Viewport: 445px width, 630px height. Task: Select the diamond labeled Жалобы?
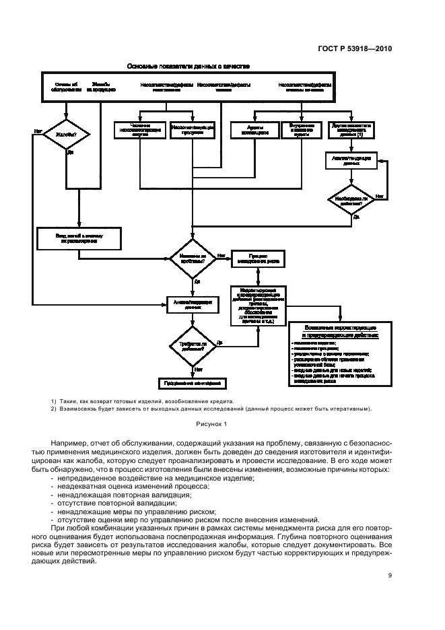66,135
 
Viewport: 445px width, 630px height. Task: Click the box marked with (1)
351,130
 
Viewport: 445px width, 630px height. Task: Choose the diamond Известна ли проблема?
193,258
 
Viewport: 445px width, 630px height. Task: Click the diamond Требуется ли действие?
193,346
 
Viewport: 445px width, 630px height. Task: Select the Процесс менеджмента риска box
259,258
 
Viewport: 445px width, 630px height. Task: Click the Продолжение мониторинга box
193,383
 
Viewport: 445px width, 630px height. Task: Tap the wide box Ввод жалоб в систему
79,238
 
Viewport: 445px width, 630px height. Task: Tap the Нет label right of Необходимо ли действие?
380,195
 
